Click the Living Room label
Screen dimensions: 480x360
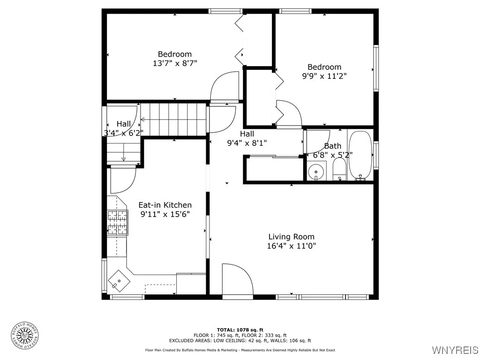click(292, 237)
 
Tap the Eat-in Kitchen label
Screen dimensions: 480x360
click(165, 205)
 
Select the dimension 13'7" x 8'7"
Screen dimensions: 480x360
click(175, 63)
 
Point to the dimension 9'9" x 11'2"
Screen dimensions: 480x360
click(324, 76)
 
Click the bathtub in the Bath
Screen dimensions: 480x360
click(360, 155)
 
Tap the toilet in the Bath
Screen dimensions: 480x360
click(339, 169)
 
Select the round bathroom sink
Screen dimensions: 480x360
click(316, 172)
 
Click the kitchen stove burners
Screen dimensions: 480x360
click(118, 223)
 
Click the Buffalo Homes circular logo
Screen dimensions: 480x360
click(25, 336)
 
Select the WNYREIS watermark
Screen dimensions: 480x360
click(455, 350)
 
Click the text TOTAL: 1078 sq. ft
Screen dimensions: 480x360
click(240, 330)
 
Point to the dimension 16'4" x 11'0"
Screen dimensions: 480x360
click(292, 246)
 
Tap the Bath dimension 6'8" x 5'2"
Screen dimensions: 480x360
click(332, 155)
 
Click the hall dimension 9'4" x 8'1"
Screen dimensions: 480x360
click(247, 142)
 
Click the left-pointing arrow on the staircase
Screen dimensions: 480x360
click(173, 120)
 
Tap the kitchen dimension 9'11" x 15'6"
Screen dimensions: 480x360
click(165, 214)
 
